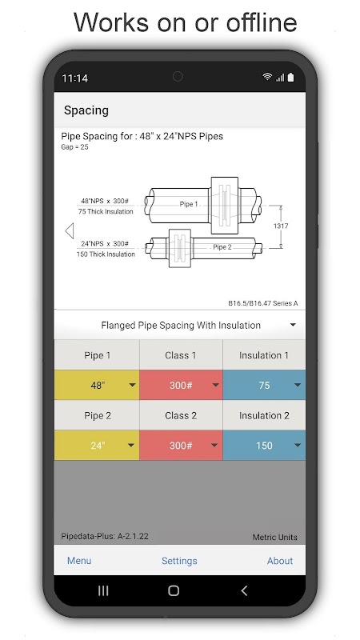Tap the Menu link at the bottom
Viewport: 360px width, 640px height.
pyautogui.click(x=79, y=561)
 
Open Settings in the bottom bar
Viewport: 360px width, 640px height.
pyautogui.click(x=179, y=562)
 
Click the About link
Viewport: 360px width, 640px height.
pyautogui.click(x=280, y=561)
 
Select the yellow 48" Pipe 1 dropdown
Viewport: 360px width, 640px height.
pyautogui.click(x=97, y=385)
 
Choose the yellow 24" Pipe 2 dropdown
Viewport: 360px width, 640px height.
pyautogui.click(x=97, y=446)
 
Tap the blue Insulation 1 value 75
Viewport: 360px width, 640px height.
pyautogui.click(x=264, y=385)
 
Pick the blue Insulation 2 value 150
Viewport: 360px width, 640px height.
pyautogui.click(x=264, y=446)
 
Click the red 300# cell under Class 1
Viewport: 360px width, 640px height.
pyautogui.click(x=181, y=385)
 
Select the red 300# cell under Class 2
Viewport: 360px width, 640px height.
pyautogui.click(x=181, y=446)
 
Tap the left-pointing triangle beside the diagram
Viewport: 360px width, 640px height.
pyautogui.click(x=70, y=230)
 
